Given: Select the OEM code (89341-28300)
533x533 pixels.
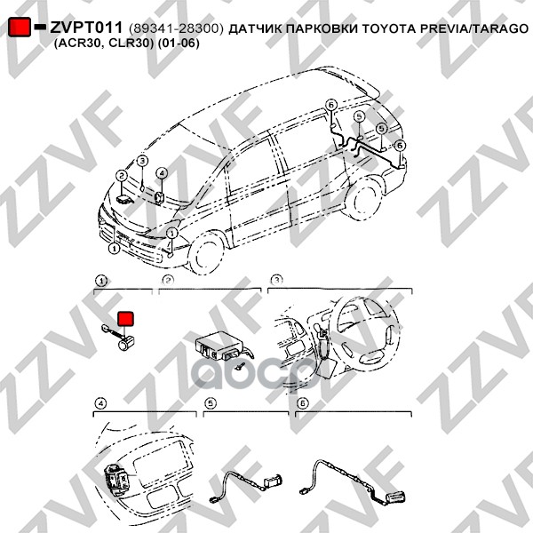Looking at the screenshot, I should pos(176,28).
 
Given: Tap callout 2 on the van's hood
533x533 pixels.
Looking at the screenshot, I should pos(121,176).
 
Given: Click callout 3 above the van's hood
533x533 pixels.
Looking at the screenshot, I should pos(141,160).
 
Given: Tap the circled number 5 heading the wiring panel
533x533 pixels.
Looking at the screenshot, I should pos(211,403).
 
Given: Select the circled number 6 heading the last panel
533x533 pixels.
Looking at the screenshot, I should pos(302,403).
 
